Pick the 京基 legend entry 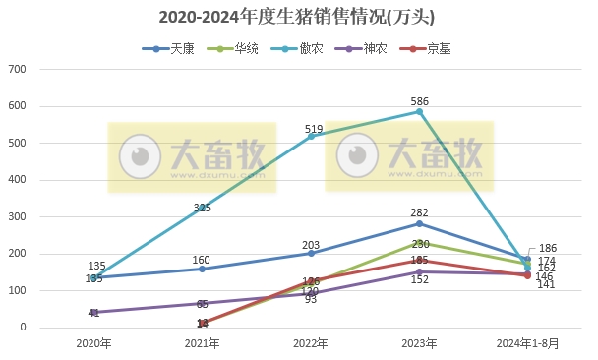[430, 47]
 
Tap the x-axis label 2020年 [93, 344]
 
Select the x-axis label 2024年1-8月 [528, 344]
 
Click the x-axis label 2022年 [311, 344]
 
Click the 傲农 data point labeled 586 [420, 111]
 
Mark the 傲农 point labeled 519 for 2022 [311, 136]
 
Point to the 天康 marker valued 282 [420, 223]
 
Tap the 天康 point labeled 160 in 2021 [203, 269]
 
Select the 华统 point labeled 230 [420, 243]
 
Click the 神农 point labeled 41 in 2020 [93, 313]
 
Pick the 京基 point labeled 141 [528, 275]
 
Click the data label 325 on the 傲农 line [203, 208]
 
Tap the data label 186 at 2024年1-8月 [549, 249]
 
